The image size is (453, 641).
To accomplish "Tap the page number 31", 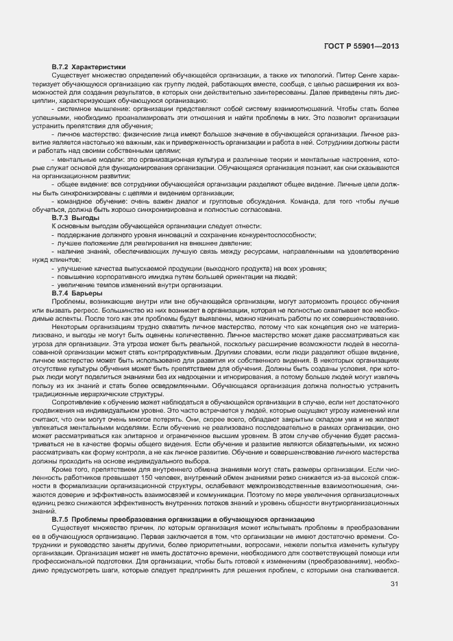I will pyautogui.click(x=394, y=583).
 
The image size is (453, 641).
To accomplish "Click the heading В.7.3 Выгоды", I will pyautogui.click(x=75, y=217).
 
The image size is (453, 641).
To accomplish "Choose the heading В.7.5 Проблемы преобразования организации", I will pyautogui.click(x=183, y=520).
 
